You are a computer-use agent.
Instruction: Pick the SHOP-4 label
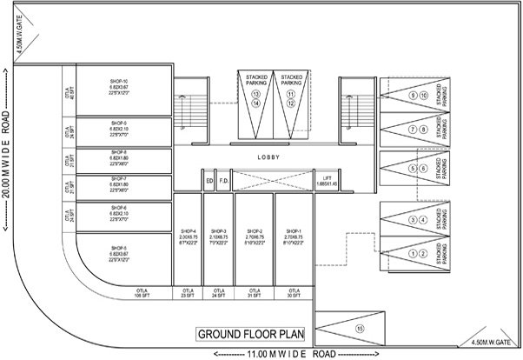click(188, 230)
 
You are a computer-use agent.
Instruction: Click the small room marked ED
click(209, 181)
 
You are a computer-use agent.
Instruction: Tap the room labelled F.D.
click(223, 181)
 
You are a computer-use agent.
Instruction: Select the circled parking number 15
click(360, 329)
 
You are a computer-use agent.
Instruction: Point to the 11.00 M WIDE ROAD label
click(276, 354)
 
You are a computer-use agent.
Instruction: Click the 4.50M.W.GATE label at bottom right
click(491, 342)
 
